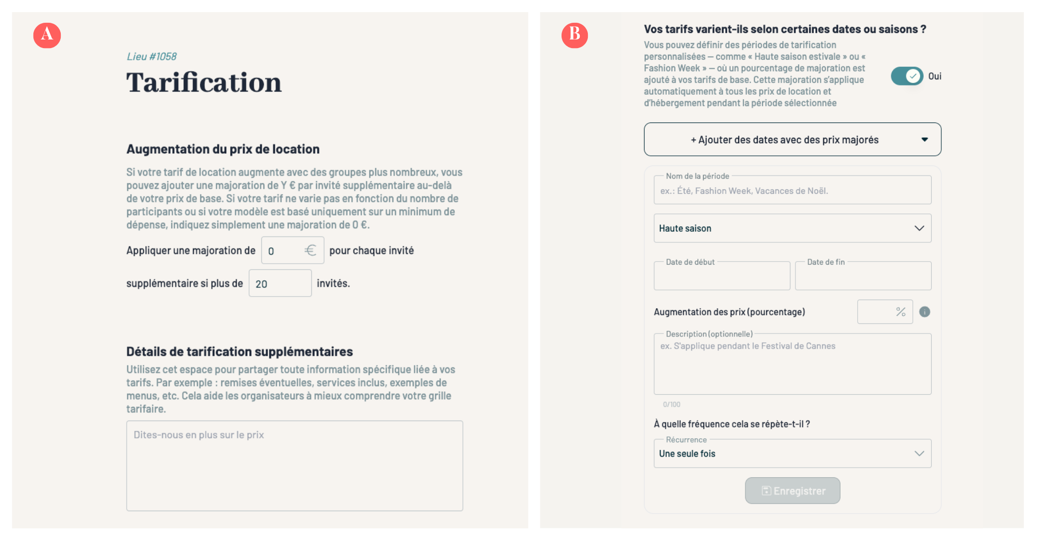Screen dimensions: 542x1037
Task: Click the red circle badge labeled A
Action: [47, 35]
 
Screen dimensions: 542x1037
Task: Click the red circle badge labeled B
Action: [575, 35]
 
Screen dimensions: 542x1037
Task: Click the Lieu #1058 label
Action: [151, 57]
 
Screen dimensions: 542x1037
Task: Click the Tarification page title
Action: [204, 82]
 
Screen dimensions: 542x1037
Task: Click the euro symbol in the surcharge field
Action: [310, 251]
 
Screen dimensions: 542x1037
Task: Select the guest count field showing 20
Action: [280, 283]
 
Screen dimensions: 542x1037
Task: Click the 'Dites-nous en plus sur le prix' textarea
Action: [294, 465]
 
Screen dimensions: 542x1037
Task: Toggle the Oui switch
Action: [907, 76]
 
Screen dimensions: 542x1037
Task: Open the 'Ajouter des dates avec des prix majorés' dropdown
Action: [792, 140]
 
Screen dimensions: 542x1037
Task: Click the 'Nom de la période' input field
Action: [792, 191]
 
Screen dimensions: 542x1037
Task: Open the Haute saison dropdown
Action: [792, 228]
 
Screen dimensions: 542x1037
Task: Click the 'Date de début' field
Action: [722, 276]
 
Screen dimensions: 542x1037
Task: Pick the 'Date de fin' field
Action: [863, 276]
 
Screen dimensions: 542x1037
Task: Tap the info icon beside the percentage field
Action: [925, 312]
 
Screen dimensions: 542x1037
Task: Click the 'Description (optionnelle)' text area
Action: [792, 367]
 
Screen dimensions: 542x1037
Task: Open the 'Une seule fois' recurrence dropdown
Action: [792, 453]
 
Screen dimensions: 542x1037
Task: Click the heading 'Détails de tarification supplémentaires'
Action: [240, 352]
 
